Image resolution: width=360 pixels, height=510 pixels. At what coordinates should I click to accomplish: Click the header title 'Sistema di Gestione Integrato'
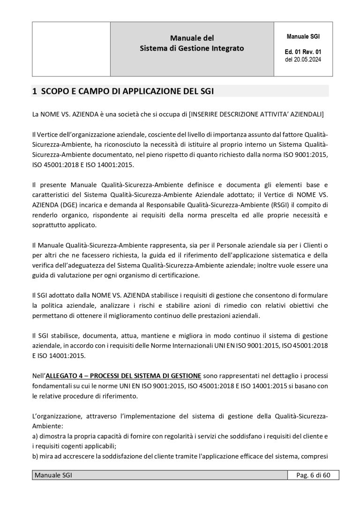coord(192,48)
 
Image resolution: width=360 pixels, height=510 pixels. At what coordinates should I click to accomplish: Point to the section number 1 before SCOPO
coord(34,91)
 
